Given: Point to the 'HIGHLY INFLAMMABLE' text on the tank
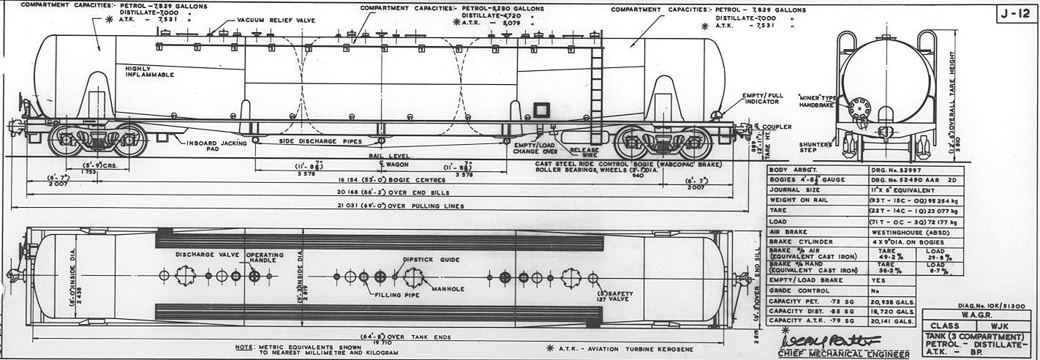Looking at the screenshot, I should pos(149,72).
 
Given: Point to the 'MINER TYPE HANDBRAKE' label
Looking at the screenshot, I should pos(819,101).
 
